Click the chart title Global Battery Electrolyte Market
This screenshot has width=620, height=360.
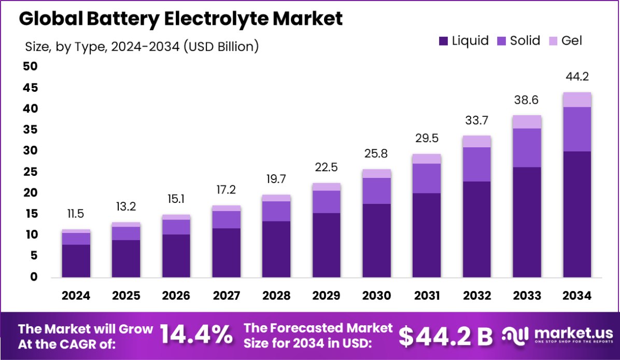click(x=181, y=19)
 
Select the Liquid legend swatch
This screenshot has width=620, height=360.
click(x=443, y=41)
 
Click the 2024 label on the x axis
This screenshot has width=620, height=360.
click(x=76, y=296)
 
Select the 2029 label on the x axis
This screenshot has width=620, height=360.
click(x=327, y=296)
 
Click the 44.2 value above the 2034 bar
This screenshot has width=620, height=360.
click(x=577, y=77)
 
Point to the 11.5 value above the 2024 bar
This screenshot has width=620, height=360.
click(x=76, y=214)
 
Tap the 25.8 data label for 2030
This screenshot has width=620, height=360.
click(x=376, y=154)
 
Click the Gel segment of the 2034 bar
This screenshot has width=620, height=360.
click(x=577, y=100)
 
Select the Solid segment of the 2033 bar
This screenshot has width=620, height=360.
click(x=527, y=147)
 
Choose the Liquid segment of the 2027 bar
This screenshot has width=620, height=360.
click(x=226, y=253)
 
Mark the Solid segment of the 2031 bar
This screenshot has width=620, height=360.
click(x=427, y=178)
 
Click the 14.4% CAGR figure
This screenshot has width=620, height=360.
click(x=196, y=335)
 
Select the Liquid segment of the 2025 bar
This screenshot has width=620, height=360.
click(x=126, y=258)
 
